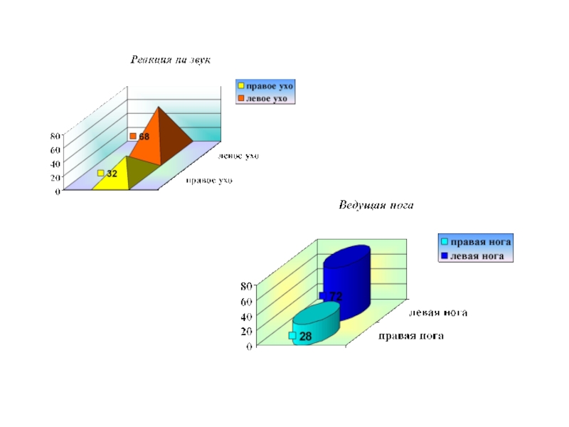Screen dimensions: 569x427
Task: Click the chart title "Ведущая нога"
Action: tap(375, 206)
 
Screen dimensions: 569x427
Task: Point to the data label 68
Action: tap(143, 136)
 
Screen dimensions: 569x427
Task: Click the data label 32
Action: tap(112, 174)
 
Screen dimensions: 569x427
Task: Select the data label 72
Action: tap(336, 296)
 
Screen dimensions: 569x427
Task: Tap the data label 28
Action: tap(305, 336)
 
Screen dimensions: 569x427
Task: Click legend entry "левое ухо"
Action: tap(266, 98)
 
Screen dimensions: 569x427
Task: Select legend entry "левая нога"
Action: tap(477, 255)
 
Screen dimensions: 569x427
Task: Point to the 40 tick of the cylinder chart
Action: tap(245, 316)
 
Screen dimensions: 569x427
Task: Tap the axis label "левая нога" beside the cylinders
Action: tap(438, 312)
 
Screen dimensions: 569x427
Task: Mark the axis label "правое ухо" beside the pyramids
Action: tap(209, 181)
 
